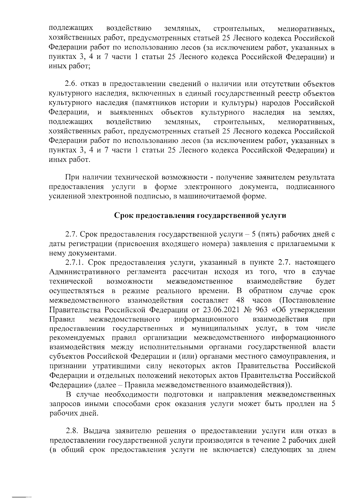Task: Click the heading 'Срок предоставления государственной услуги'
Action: pyautogui.click(x=200, y=216)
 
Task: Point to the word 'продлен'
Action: pyautogui.click(x=301, y=404)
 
